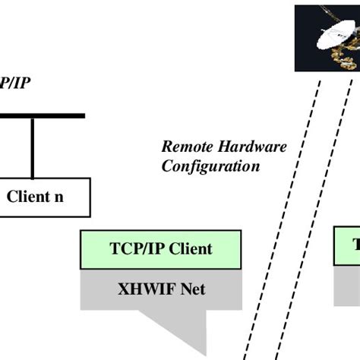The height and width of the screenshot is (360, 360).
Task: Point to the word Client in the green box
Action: point(189,249)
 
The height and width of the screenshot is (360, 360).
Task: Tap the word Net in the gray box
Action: point(191,289)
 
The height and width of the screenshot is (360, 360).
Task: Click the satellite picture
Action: point(327,37)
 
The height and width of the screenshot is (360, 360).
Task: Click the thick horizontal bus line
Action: point(42,116)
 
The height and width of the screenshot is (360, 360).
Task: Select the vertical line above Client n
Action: point(32,147)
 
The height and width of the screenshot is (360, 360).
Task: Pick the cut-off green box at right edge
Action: point(348,247)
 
